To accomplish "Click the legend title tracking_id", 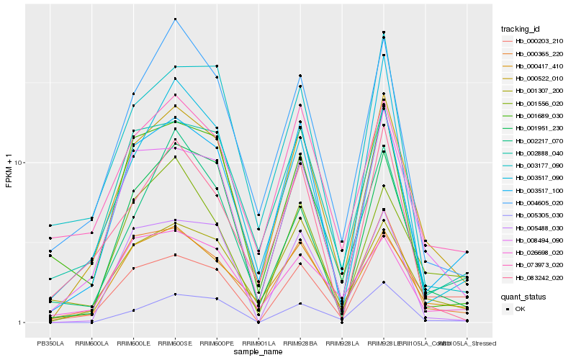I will click(521, 29).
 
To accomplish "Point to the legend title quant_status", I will click(523, 296).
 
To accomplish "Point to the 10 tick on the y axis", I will click(20, 163).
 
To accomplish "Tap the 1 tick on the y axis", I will click(22, 323).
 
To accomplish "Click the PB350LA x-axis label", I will click(50, 343).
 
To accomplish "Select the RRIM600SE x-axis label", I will click(175, 343).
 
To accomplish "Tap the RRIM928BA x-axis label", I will click(300, 343).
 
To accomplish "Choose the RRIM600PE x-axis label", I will click(217, 343).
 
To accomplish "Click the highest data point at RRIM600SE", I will click(175, 19).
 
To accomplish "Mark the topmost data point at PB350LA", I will click(50, 225).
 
